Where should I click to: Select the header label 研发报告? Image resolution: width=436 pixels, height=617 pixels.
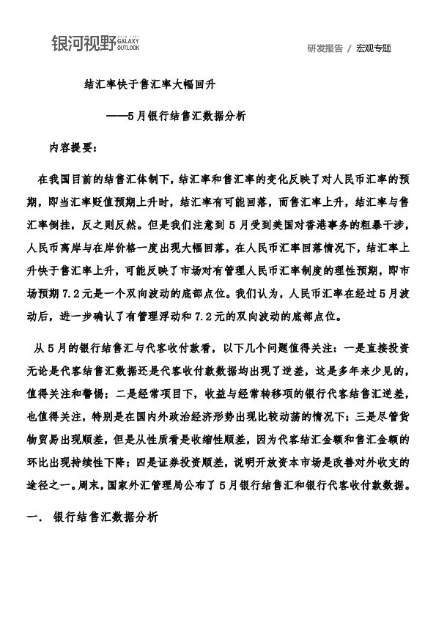pos(325,48)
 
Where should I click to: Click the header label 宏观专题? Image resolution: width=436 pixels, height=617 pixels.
pos(374,48)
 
